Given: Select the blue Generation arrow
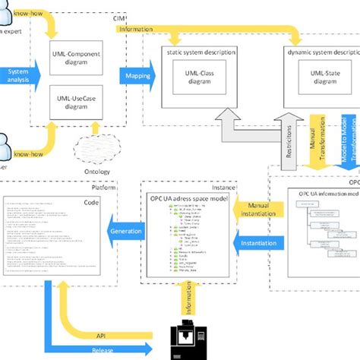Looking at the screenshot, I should (124, 231).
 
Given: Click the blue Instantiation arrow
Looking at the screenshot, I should (252, 243).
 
